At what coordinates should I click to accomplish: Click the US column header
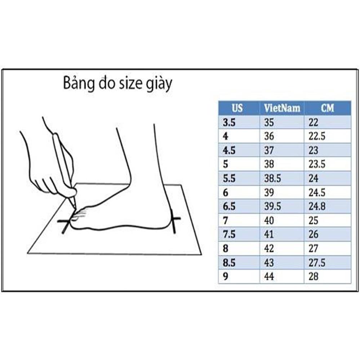pos(238,108)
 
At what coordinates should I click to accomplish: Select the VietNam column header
pos(282,108)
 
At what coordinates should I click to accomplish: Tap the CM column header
pos(327,108)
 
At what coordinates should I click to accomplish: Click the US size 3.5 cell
pos(229,123)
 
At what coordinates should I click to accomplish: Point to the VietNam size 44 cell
pos(269,276)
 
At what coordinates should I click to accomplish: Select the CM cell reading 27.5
pos(317,262)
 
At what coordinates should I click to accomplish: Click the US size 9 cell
pos(226,276)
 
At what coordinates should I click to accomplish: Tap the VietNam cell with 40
pos(269,221)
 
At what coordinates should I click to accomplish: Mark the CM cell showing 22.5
pos(317,136)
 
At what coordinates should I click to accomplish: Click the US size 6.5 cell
pos(229,206)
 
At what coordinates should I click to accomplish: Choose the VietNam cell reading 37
pos(269,150)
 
